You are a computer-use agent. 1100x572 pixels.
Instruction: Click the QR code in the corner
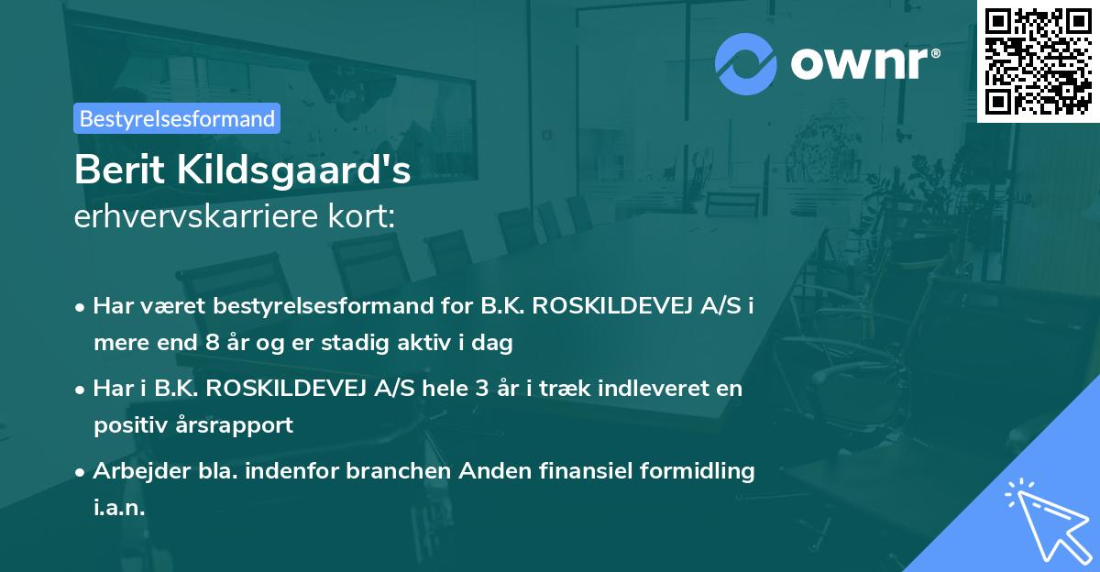click(x=1039, y=60)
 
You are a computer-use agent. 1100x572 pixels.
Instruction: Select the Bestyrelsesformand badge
click(x=177, y=118)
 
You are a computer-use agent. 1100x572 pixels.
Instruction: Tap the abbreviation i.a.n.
click(x=119, y=508)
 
